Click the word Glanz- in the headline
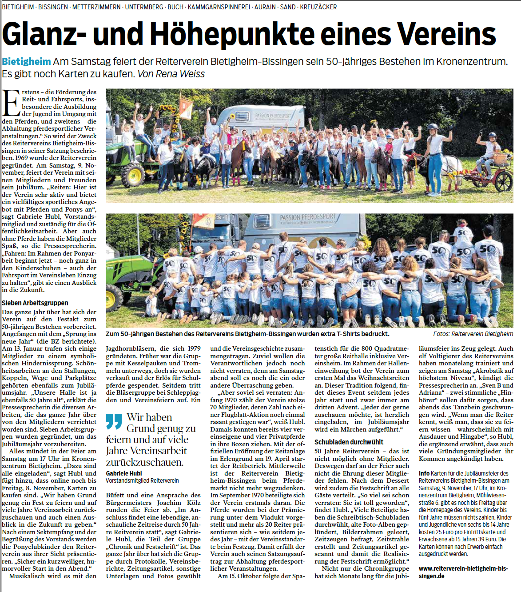pyautogui.click(x=44, y=34)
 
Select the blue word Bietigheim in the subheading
pyautogui.click(x=26, y=61)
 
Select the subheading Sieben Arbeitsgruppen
pyautogui.click(x=35, y=303)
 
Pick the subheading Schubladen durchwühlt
pyautogui.click(x=349, y=442)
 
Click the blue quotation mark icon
pyautogui.click(x=114, y=421)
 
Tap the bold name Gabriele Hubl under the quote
pyautogui.click(x=124, y=473)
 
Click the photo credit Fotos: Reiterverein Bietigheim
pyautogui.click(x=473, y=334)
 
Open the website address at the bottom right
pyautogui.click(x=463, y=572)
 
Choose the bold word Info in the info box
pyautogui.click(x=424, y=473)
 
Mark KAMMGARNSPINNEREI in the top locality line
pyautogui.click(x=219, y=7)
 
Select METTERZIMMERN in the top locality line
pyautogui.click(x=96, y=7)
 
